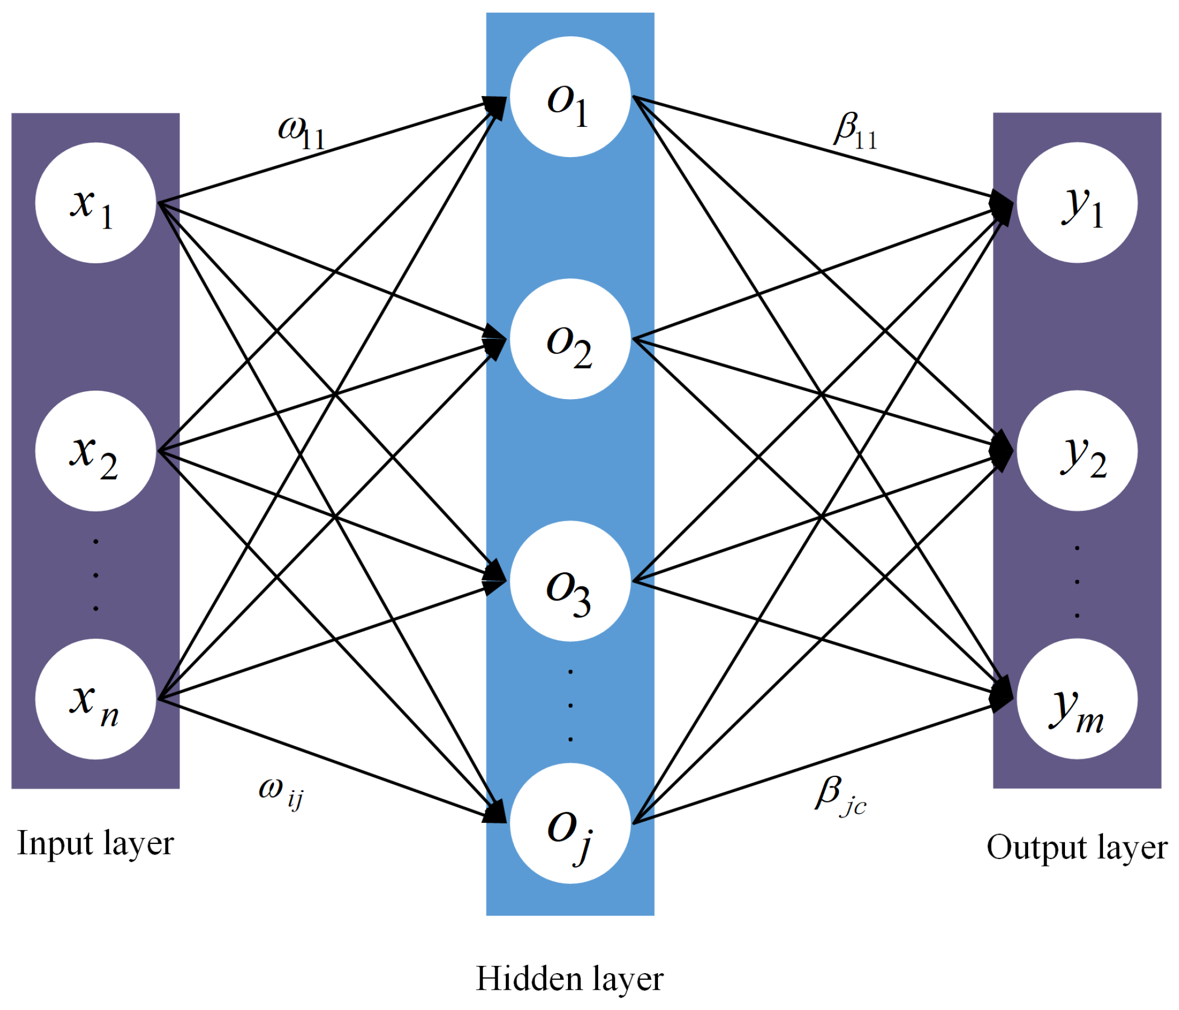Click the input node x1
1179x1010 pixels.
96,202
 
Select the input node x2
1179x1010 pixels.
96,451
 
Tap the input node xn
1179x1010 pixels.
96,699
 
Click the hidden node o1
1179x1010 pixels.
570,97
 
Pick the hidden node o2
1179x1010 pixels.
570,339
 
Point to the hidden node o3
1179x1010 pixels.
570,581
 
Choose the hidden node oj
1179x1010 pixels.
570,823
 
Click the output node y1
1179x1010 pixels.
1077,202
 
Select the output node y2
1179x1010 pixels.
1077,451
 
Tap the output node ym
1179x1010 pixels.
1077,699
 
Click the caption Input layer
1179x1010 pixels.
95,843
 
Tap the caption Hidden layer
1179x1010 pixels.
570,979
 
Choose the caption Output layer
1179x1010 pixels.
1077,847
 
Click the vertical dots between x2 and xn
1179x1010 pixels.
96,575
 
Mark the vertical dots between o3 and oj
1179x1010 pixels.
570,705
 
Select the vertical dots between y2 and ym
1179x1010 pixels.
1077,581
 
